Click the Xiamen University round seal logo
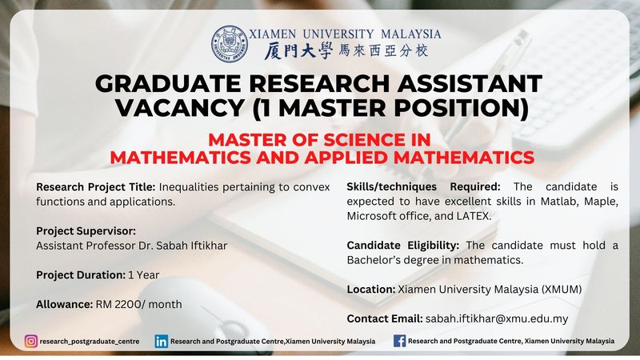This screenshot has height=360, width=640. (x=230, y=44)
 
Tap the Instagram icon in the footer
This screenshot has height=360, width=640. (x=31, y=342)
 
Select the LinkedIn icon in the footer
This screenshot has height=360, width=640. (x=162, y=342)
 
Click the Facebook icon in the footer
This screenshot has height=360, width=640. (x=399, y=342)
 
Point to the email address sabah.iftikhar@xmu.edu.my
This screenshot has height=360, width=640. (x=497, y=318)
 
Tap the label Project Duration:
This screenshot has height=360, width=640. (x=81, y=275)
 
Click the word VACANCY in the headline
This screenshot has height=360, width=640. (x=180, y=108)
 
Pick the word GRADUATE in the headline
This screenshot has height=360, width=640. (x=168, y=83)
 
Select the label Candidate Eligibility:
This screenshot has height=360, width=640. (x=403, y=246)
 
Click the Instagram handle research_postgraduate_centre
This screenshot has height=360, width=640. (x=90, y=342)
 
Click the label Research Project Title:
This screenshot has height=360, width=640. (x=95, y=187)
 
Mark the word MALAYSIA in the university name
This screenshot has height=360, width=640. (x=411, y=34)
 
